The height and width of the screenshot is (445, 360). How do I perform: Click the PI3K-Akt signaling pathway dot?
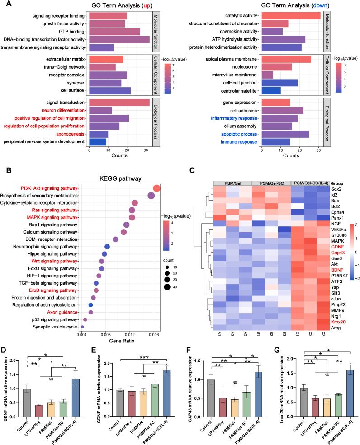coord(157,188)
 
